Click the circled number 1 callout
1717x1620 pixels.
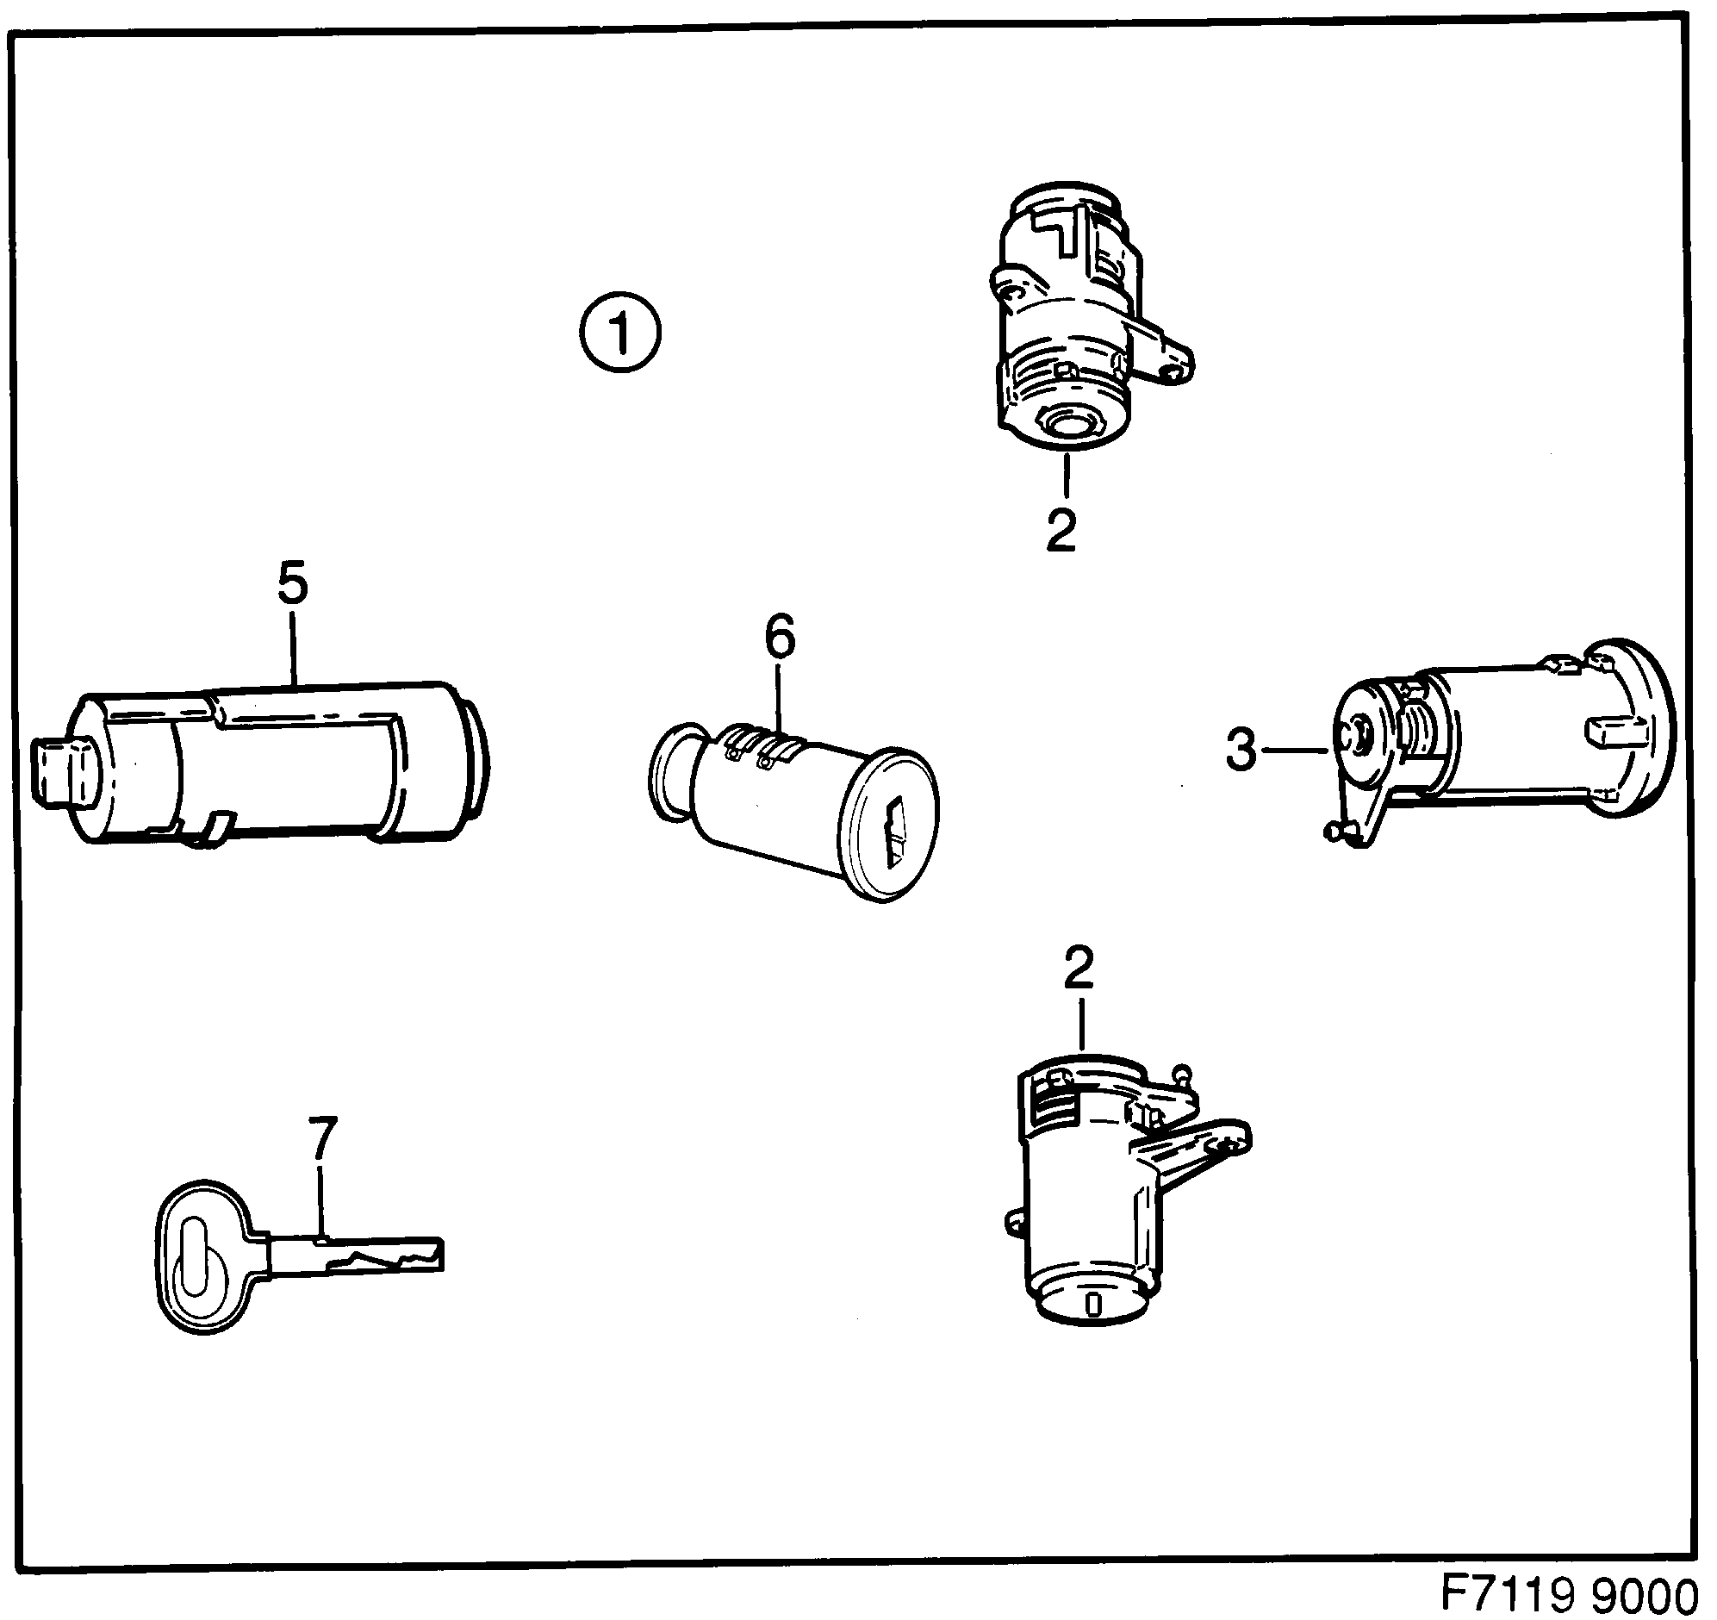pos(620,333)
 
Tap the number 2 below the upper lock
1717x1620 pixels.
pos(1061,531)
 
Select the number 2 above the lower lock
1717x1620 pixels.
pos(1079,968)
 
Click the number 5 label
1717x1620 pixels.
pos(293,584)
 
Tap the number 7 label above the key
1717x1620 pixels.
pos(321,1139)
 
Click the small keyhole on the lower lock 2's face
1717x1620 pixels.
pos(1092,1327)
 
